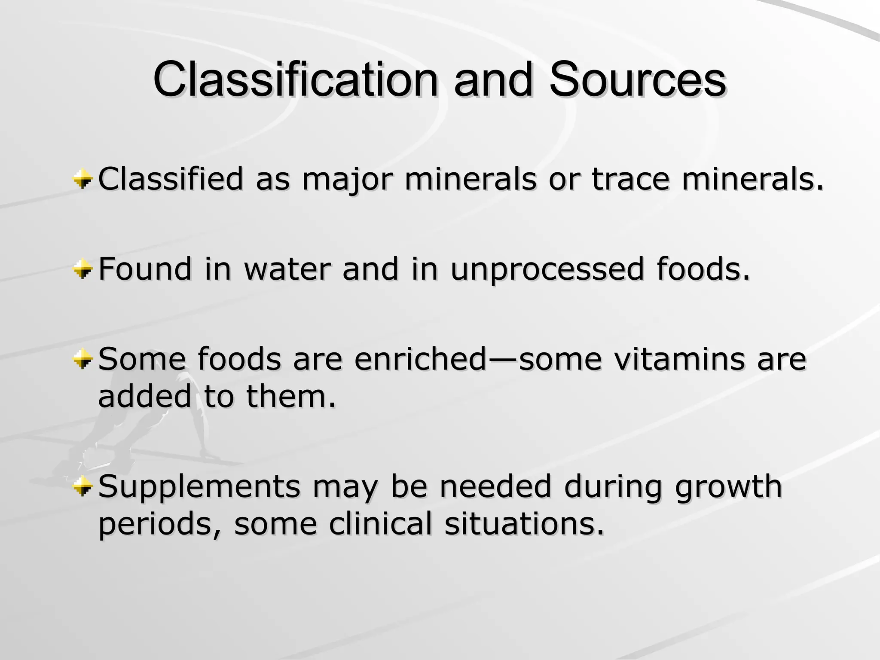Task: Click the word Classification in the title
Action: [x=296, y=80]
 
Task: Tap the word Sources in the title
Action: [x=638, y=80]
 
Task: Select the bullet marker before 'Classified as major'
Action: [x=82, y=179]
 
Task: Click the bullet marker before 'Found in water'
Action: [x=82, y=270]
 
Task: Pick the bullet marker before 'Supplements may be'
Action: [x=82, y=486]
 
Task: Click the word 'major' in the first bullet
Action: [x=347, y=179]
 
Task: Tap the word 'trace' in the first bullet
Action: [x=630, y=179]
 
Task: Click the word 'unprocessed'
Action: [x=547, y=270]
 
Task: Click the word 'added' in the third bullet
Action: [x=144, y=396]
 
